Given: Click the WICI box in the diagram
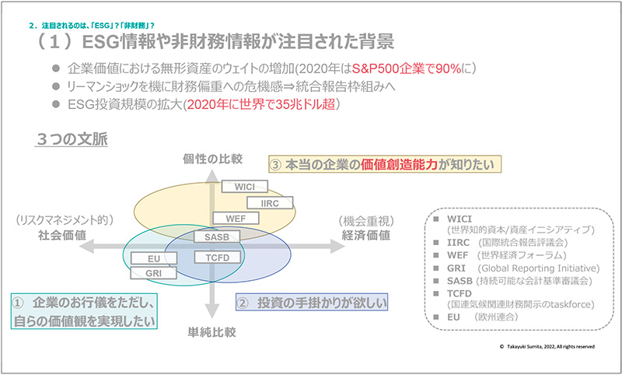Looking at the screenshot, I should click(x=245, y=187).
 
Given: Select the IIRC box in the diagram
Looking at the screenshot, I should click(x=271, y=203).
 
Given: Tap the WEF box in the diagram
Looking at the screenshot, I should click(x=235, y=219).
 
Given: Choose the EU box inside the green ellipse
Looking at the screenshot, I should click(x=152, y=258).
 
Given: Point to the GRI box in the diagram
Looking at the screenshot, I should click(x=152, y=273).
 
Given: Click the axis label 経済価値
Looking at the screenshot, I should click(x=366, y=235).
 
